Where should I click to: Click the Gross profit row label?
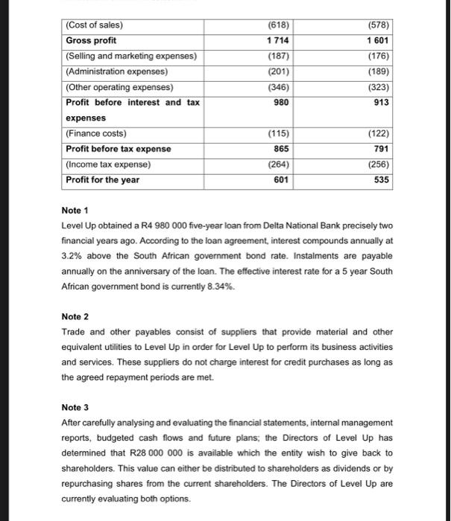coord(92,40)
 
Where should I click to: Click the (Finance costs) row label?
coord(96,133)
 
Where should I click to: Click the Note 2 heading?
coord(73,316)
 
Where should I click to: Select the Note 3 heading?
coord(73,407)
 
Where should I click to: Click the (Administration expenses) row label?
coord(116,71)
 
